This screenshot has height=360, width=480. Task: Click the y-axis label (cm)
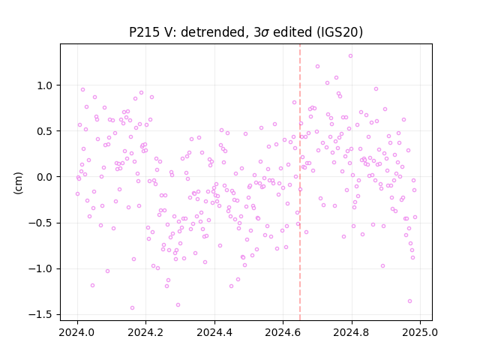pos(18,183)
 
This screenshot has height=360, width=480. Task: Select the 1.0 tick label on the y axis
pos(45,85)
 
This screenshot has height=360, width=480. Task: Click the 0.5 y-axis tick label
pos(45,131)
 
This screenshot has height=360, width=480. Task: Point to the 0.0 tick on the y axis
pos(45,177)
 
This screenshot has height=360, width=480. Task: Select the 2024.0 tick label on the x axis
pos(77,332)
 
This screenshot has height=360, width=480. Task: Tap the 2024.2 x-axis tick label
pos(146,332)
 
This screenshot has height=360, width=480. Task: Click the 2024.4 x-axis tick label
pos(214,332)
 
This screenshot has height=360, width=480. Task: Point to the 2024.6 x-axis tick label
pos(283,332)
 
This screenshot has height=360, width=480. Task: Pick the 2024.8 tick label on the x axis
pos(352,332)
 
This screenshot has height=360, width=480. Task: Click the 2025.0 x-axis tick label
pos(420,332)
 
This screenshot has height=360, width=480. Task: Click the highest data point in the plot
pos(350,56)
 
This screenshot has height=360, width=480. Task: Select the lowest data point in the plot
pos(132,308)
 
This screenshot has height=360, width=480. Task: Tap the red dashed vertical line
pos(300,182)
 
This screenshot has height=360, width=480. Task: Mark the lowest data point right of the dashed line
pos(410,301)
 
